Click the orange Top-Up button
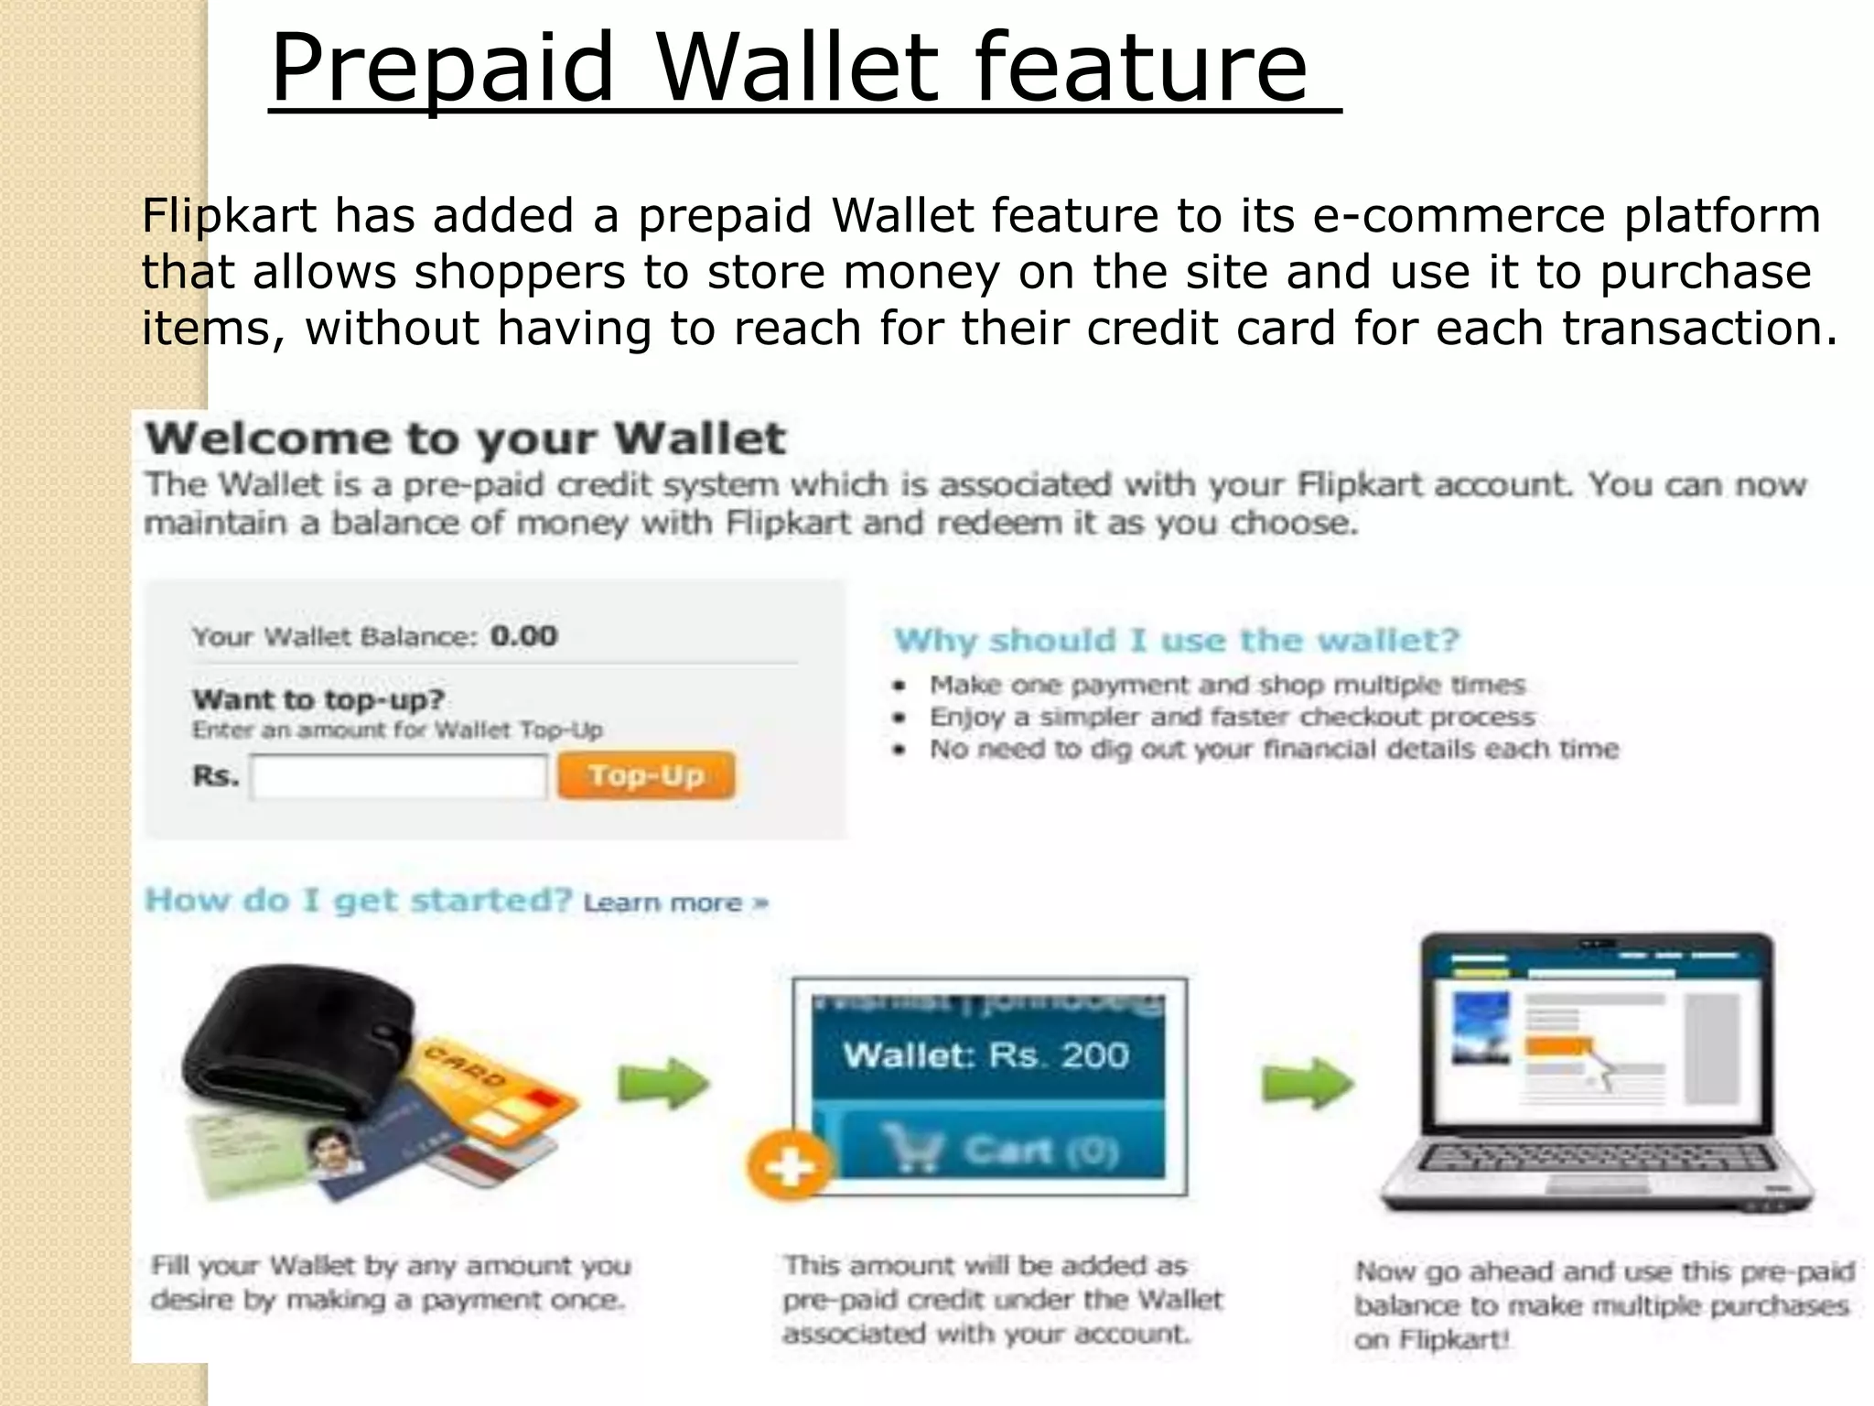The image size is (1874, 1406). [646, 775]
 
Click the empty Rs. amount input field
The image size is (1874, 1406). [398, 777]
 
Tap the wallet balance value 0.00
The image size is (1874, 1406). [523, 635]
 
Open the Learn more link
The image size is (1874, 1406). [675, 903]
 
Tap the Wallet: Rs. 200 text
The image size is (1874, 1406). [985, 1055]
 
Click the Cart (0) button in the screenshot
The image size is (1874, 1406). [1002, 1149]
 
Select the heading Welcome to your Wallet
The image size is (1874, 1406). [465, 438]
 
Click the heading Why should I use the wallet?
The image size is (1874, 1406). [1176, 640]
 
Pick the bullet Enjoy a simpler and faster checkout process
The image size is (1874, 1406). [1231, 717]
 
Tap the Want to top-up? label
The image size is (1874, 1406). [318, 699]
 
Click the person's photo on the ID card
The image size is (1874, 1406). [331, 1149]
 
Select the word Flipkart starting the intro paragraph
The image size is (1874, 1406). [229, 216]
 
